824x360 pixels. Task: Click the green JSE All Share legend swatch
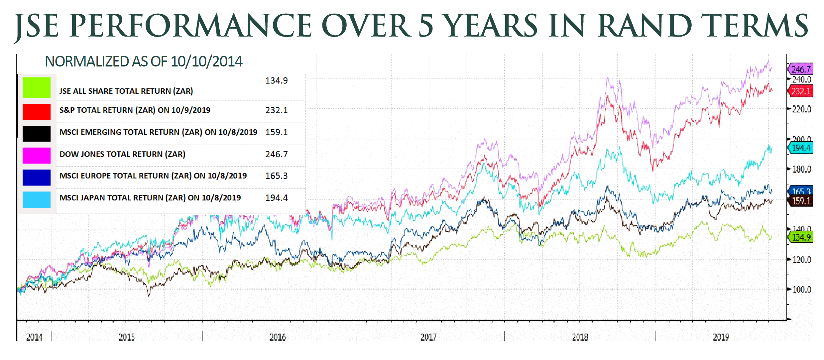(x=37, y=88)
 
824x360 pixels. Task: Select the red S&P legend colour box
(x=37, y=112)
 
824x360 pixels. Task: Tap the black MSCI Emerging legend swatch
(x=37, y=134)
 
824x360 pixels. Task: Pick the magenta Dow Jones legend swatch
(x=37, y=156)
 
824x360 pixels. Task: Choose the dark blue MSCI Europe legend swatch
(x=37, y=178)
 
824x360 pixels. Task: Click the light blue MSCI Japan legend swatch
(x=37, y=199)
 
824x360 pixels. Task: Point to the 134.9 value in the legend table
(x=276, y=81)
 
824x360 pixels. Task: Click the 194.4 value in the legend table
(x=276, y=198)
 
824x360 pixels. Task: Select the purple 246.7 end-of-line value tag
(x=801, y=69)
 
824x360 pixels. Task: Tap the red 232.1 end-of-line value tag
(x=801, y=91)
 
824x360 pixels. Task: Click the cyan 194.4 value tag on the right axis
(x=801, y=148)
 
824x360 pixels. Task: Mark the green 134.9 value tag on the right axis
(x=801, y=237)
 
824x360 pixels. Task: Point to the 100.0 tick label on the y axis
(x=801, y=290)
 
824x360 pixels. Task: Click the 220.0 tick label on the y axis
(x=801, y=109)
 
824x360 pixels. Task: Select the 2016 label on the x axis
(x=278, y=337)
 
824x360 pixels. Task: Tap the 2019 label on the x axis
(x=721, y=337)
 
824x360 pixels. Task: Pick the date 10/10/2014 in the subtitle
(x=206, y=62)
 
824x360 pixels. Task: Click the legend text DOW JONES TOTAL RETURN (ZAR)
(x=122, y=154)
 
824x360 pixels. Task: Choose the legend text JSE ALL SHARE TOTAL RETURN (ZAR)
(x=126, y=91)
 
